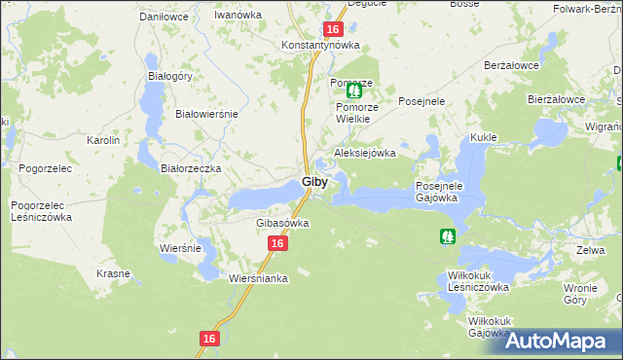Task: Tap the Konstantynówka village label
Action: [320, 46]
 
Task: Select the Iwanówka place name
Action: [239, 17]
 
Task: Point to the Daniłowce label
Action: [164, 17]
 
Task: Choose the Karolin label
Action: [103, 140]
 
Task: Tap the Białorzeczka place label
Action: [192, 168]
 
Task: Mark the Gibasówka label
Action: [282, 223]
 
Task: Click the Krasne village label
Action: [113, 273]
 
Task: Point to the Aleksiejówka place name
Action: [365, 153]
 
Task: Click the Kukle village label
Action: [484, 138]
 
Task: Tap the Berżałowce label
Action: [511, 65]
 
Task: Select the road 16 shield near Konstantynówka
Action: [332, 30]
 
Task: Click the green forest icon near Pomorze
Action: [353, 90]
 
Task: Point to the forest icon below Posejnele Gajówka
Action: [447, 235]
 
